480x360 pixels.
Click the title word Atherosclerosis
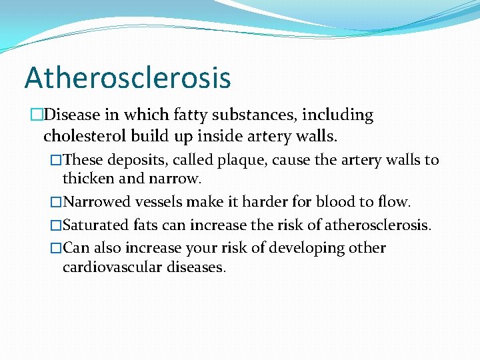[127, 77]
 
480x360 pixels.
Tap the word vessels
[157, 203]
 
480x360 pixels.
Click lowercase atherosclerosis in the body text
[377, 225]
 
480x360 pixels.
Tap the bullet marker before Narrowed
[56, 203]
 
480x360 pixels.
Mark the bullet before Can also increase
[56, 248]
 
